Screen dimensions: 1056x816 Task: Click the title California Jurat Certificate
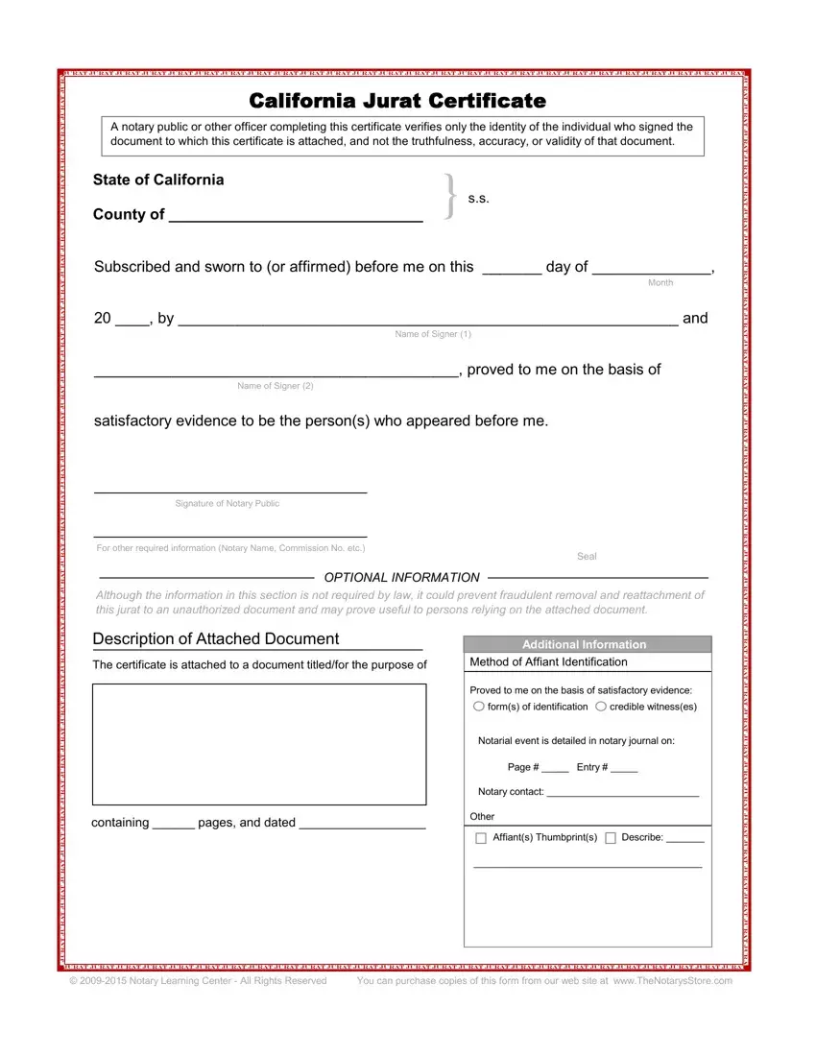pyautogui.click(x=397, y=101)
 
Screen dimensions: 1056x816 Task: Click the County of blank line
pyautogui.click(x=296, y=217)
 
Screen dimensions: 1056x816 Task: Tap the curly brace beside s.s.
pyautogui.click(x=448, y=198)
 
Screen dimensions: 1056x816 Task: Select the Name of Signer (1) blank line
pyautogui.click(x=428, y=322)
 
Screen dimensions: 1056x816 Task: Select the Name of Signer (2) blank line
pyautogui.click(x=276, y=373)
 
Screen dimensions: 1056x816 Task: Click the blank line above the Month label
pyautogui.click(x=652, y=271)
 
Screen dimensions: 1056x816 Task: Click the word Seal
pyautogui.click(x=587, y=557)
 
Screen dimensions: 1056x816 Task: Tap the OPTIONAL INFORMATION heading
pyautogui.click(x=401, y=578)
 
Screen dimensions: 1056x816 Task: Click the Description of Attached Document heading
pyautogui.click(x=215, y=639)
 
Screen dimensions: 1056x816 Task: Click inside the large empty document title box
pyautogui.click(x=259, y=744)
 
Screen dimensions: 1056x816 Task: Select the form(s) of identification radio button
pyautogui.click(x=479, y=707)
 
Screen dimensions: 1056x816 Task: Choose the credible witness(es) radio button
pyautogui.click(x=601, y=707)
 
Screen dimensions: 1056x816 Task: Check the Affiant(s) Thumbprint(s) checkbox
pyautogui.click(x=481, y=838)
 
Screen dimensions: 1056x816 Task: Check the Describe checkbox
pyautogui.click(x=611, y=838)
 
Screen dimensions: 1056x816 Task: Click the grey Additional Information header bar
pyautogui.click(x=588, y=644)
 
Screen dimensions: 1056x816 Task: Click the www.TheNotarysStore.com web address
pyautogui.click(x=672, y=981)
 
